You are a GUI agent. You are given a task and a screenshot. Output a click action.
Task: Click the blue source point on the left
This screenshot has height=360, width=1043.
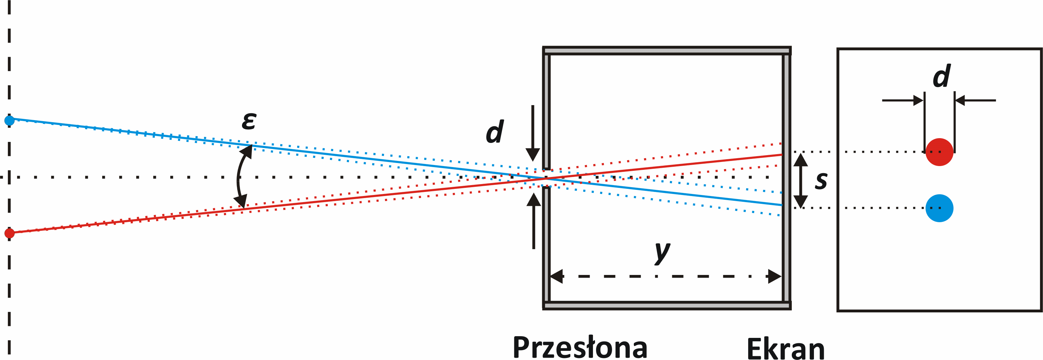(x=9, y=120)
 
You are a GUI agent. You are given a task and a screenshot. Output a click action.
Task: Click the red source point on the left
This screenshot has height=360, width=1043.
(x=9, y=233)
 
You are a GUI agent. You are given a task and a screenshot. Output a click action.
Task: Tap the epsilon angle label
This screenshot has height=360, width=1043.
(x=249, y=121)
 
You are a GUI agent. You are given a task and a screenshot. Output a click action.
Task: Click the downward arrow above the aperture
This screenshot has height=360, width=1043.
(x=533, y=134)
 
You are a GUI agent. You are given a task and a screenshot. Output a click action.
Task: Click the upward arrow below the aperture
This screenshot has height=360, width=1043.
(x=534, y=221)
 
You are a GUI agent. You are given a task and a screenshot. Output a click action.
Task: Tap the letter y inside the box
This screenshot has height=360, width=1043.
(x=662, y=252)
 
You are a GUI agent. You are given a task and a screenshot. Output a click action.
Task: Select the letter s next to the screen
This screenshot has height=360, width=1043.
(x=821, y=181)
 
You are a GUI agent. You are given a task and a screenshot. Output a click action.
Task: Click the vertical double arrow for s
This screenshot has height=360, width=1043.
(x=801, y=180)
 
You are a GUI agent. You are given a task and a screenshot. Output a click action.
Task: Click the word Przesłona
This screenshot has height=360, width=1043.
(x=580, y=347)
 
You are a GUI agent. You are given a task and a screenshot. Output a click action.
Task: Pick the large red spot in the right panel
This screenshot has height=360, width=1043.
(x=940, y=152)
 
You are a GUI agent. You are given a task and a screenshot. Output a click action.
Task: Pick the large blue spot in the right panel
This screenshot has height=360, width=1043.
(x=940, y=208)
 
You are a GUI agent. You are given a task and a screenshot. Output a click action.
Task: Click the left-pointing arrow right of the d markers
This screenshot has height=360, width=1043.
(x=976, y=100)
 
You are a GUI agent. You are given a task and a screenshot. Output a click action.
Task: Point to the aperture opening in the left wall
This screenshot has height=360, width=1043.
(x=546, y=178)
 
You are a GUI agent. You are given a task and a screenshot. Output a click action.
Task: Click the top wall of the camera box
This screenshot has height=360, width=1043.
(x=667, y=51)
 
